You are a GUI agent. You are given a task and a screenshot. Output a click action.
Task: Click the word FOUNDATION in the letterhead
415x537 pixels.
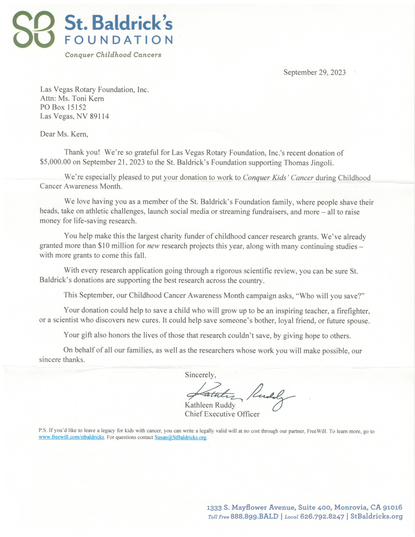(118, 40)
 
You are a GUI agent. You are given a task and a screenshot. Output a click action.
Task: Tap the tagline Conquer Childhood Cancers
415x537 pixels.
(113, 55)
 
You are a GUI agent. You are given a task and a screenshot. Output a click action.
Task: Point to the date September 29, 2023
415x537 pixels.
(314, 72)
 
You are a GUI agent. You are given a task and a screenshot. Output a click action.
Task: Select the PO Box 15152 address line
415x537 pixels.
(63, 107)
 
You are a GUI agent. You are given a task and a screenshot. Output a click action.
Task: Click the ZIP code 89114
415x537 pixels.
(99, 116)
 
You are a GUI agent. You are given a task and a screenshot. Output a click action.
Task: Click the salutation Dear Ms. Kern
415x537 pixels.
(64, 134)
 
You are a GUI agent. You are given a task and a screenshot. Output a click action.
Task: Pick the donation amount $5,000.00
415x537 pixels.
(55, 162)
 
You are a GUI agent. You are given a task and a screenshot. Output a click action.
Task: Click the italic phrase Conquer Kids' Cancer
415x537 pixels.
(278, 178)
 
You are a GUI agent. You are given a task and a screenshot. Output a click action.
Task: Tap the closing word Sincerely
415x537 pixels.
(200, 375)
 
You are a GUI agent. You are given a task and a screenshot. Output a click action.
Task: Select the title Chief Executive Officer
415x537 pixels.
(222, 414)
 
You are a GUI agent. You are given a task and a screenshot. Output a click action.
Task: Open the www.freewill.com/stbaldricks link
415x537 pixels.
(72, 437)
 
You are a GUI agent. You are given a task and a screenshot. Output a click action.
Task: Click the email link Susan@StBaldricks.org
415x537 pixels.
(180, 437)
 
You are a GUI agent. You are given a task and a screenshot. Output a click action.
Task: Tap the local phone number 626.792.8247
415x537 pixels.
(322, 516)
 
